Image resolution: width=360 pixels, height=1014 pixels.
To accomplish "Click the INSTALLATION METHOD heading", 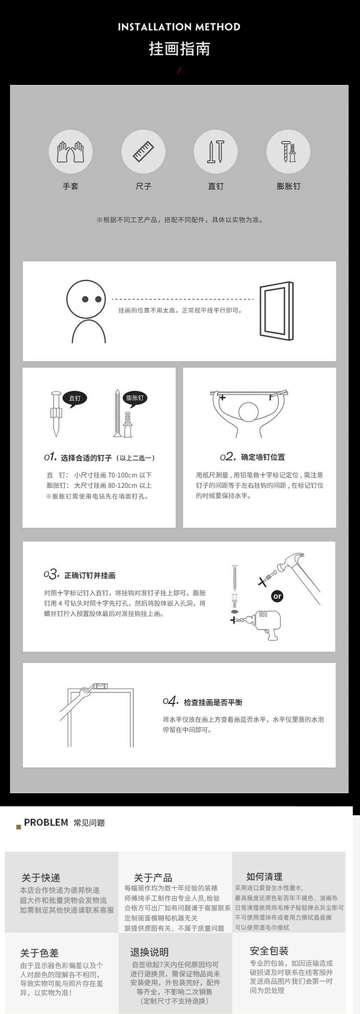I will tap(179, 27).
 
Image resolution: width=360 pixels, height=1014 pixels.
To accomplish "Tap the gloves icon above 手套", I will tap(71, 152).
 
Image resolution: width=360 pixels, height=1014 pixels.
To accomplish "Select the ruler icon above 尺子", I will tap(143, 152).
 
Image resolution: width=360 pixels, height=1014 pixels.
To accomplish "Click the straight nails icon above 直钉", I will tap(216, 152).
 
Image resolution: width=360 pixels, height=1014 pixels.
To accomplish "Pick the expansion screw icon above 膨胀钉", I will tap(288, 152).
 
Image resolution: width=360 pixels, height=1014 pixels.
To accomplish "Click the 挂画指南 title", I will tap(179, 49).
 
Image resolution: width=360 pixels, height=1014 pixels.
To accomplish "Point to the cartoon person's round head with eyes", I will tap(86, 299).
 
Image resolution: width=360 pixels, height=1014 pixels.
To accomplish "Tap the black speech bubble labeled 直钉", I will tap(75, 398).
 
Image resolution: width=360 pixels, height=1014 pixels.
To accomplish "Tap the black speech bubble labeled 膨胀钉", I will tap(135, 398).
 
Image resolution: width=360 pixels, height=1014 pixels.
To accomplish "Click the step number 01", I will tap(50, 457).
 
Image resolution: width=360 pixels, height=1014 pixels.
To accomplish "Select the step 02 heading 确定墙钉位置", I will tap(263, 457).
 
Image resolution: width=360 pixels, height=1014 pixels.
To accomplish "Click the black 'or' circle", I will tap(277, 596).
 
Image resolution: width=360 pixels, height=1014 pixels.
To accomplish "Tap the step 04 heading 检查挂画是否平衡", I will tap(213, 702).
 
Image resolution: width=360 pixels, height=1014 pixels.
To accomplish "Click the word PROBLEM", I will tap(46, 822).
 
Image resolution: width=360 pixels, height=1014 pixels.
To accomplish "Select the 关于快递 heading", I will tap(41, 878).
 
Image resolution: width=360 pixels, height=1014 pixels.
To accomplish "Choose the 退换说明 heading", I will tap(149, 952).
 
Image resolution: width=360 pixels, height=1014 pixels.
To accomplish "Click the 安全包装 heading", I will tap(269, 951).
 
